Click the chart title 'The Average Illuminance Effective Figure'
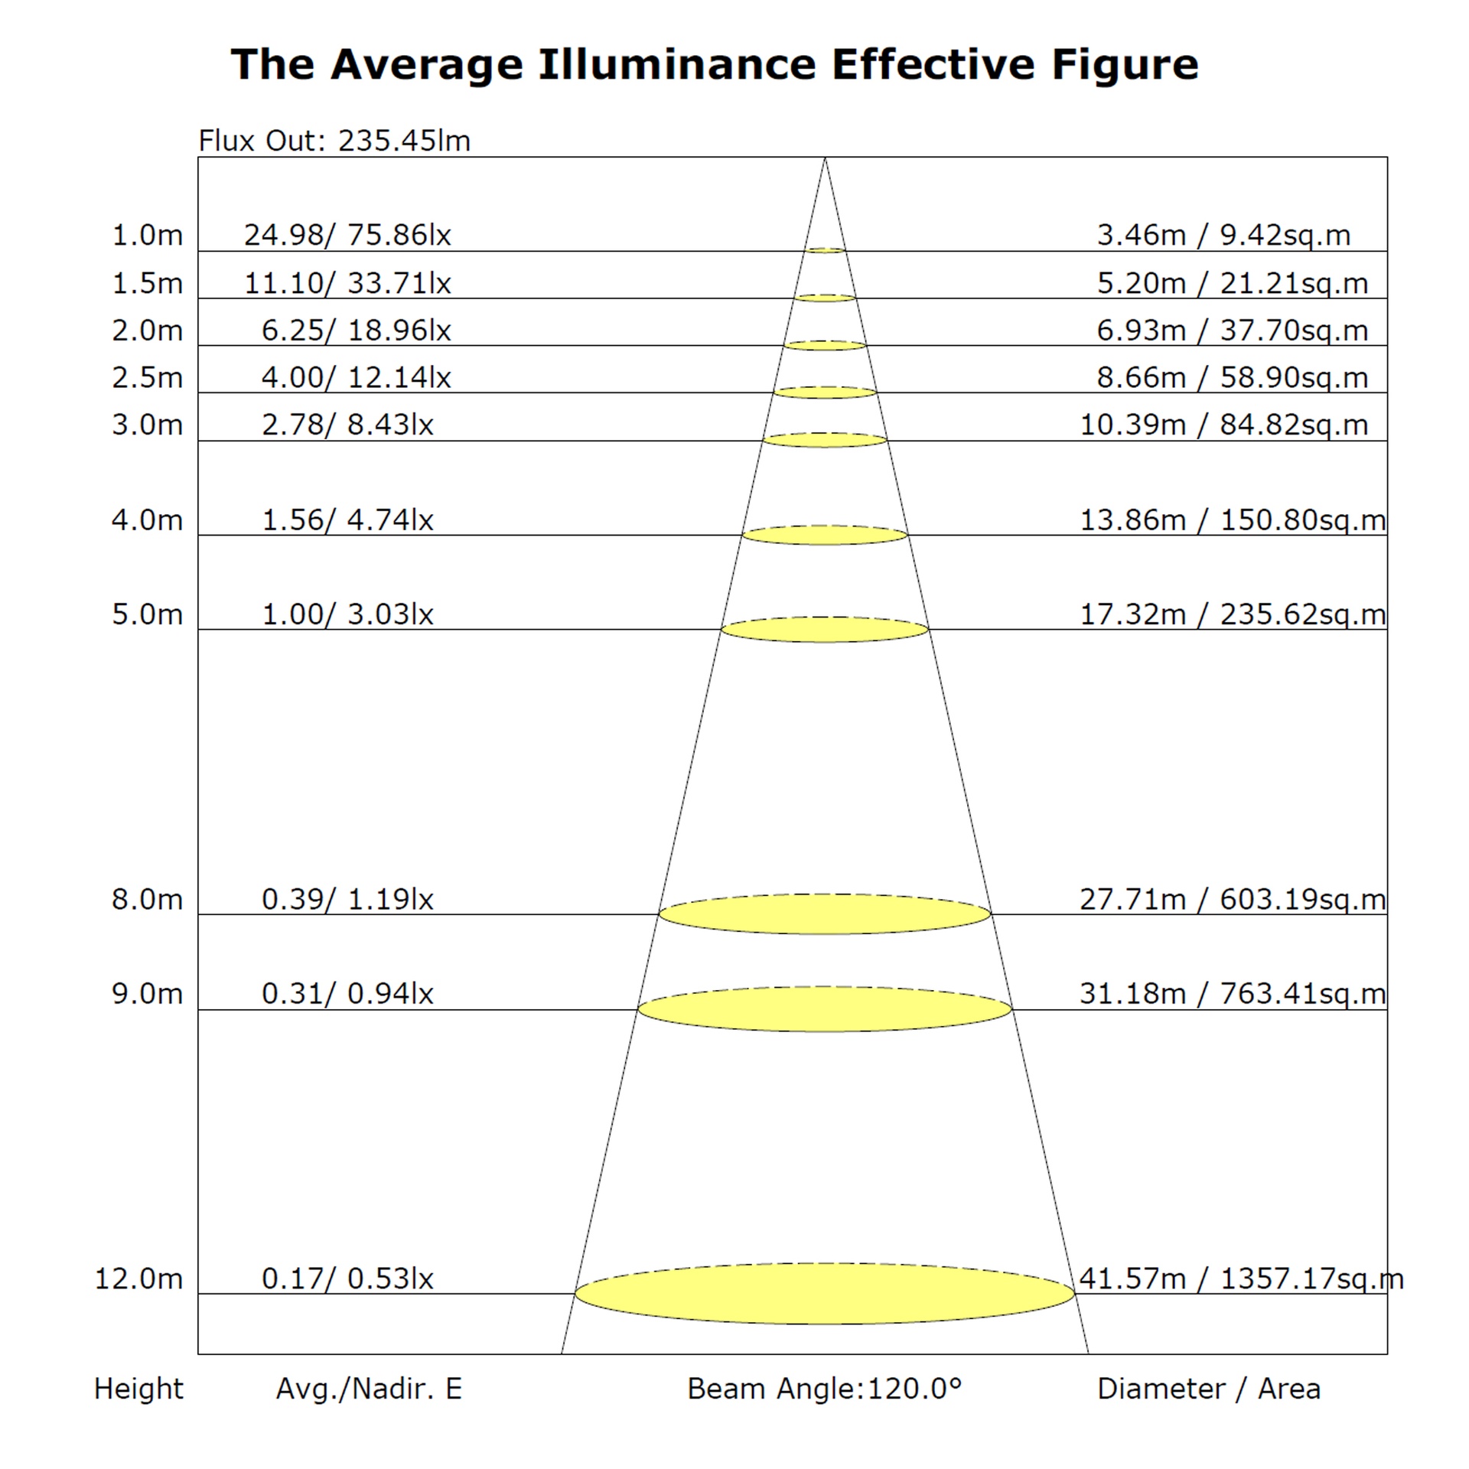click(x=715, y=64)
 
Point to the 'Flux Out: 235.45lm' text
click(x=334, y=141)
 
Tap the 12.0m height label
click(x=138, y=1278)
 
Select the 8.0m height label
click(x=148, y=899)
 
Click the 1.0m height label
click(x=148, y=235)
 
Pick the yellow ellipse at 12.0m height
click(x=825, y=1294)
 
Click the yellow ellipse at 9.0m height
click(x=825, y=1009)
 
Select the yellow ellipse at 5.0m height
click(x=825, y=630)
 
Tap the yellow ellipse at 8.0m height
click(x=825, y=914)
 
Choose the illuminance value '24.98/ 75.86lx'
click(x=347, y=235)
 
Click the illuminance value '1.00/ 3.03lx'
click(x=347, y=614)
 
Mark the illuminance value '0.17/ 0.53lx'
click(x=347, y=1278)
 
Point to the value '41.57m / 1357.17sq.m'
click(x=1241, y=1278)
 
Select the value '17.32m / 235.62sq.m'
click(x=1233, y=614)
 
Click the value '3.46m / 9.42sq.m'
click(x=1224, y=235)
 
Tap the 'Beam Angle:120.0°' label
click(x=824, y=1389)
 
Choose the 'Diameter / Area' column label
click(x=1209, y=1389)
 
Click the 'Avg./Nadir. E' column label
click(x=369, y=1389)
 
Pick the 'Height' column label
click(x=138, y=1389)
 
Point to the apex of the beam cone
click(x=825, y=158)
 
